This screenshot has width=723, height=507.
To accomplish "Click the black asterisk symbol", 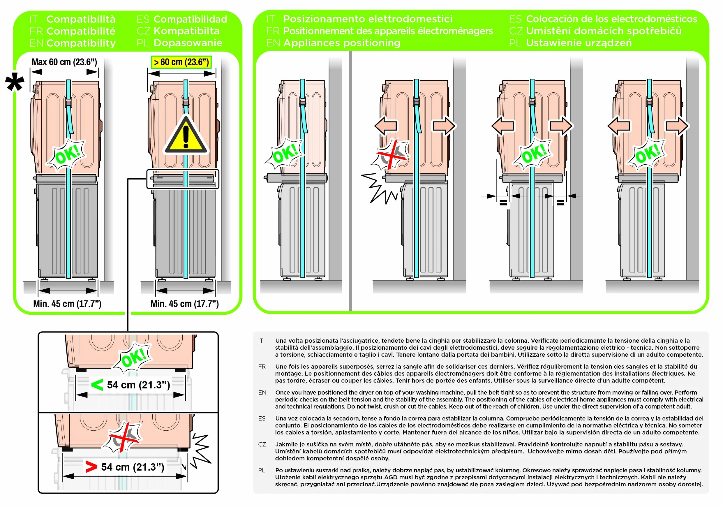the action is click(15, 82).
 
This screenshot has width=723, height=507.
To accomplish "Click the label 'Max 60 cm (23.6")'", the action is click(64, 62).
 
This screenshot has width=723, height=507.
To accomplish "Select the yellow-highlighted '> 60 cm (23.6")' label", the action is click(181, 62).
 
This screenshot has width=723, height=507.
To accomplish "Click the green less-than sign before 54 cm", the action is click(97, 385).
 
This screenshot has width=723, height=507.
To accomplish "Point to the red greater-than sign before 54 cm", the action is click(91, 467).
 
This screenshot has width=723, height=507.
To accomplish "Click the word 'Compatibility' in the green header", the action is click(81, 43).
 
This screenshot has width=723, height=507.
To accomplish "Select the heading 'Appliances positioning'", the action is click(342, 43).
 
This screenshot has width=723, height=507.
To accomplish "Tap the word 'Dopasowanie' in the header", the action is click(188, 43).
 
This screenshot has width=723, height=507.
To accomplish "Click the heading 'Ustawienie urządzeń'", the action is click(579, 43).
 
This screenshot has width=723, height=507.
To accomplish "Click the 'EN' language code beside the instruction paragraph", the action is click(262, 392).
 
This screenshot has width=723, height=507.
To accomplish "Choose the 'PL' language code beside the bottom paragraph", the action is click(262, 470).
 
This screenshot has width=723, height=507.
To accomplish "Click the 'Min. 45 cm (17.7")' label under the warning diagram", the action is click(184, 304).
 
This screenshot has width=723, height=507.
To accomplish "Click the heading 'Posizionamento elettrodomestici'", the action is click(368, 19).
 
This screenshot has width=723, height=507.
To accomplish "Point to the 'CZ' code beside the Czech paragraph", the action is click(262, 444).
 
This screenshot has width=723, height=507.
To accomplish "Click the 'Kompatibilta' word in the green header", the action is click(187, 31).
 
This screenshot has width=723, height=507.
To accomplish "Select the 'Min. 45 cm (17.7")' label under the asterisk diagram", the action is click(67, 304).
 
